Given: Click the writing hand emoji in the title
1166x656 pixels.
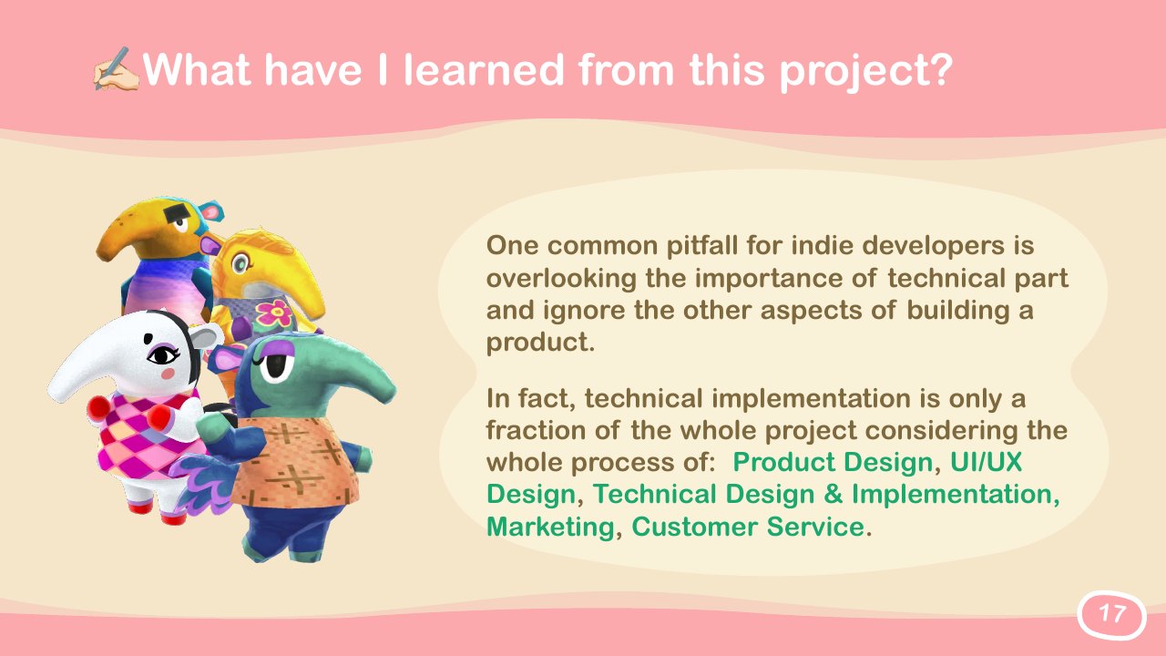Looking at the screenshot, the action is pyautogui.click(x=116, y=68).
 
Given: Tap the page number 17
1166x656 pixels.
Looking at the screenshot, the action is pyautogui.click(x=1111, y=614).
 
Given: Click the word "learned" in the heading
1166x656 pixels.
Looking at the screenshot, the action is pyautogui.click(x=484, y=69).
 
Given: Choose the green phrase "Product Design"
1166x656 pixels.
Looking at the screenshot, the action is pyautogui.click(x=833, y=462).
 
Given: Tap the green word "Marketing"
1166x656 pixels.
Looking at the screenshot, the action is pyautogui.click(x=550, y=527).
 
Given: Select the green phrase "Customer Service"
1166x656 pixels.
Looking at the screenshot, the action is pyautogui.click(x=748, y=527).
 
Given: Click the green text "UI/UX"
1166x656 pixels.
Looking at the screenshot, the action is pyautogui.click(x=987, y=462).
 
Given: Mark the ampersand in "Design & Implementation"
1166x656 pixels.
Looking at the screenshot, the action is pyautogui.click(x=833, y=494).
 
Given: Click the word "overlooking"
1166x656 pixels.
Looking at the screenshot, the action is pyautogui.click(x=561, y=279).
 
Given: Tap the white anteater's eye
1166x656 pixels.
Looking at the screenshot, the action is pyautogui.click(x=163, y=356).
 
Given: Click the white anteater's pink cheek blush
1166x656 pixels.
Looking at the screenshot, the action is pyautogui.click(x=169, y=374).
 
